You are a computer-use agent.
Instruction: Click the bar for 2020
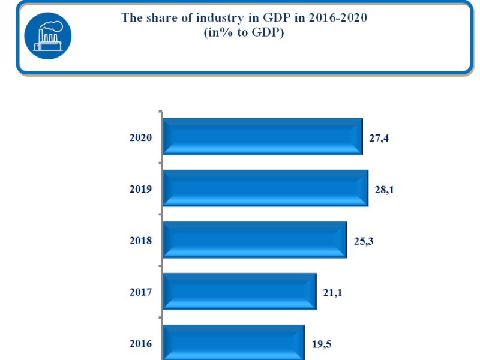pyautogui.click(x=263, y=137)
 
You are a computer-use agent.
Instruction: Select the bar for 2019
pyautogui.click(x=265, y=188)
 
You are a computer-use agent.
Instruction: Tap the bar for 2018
pyautogui.click(x=255, y=240)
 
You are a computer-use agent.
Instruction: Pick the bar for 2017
pyautogui.click(x=239, y=292)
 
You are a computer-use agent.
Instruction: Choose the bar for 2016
pyautogui.click(x=233, y=343)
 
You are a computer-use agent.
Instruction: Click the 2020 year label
pyautogui.click(x=141, y=137)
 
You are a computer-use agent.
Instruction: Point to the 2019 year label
pyautogui.click(x=141, y=189)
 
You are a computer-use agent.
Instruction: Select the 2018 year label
pyautogui.click(x=141, y=241)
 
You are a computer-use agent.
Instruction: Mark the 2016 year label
pyautogui.click(x=141, y=344)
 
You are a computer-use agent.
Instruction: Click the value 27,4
pyautogui.click(x=380, y=139)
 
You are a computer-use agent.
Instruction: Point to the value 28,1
pyautogui.click(x=385, y=190)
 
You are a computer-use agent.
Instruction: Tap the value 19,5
pyautogui.click(x=322, y=345)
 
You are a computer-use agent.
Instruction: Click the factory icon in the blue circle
pyautogui.click(x=47, y=35)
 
